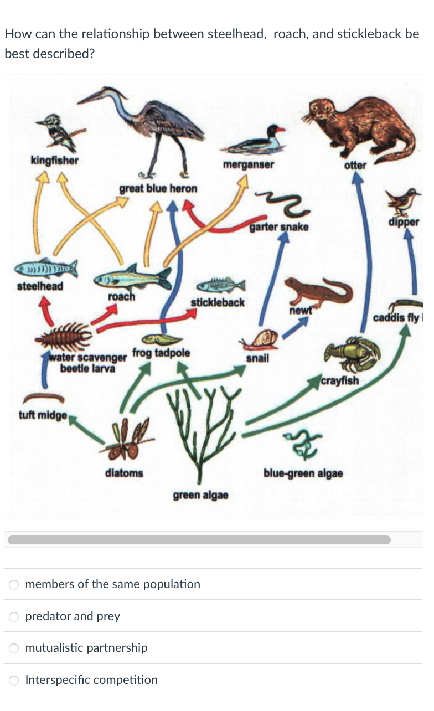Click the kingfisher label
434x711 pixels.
pos(54,161)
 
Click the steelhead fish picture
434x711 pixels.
pos(46,269)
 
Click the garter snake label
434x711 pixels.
pos(278,227)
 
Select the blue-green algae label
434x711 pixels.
pos(303,473)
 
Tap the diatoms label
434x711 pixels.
pos(124,473)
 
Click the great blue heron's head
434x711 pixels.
pos(99,95)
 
